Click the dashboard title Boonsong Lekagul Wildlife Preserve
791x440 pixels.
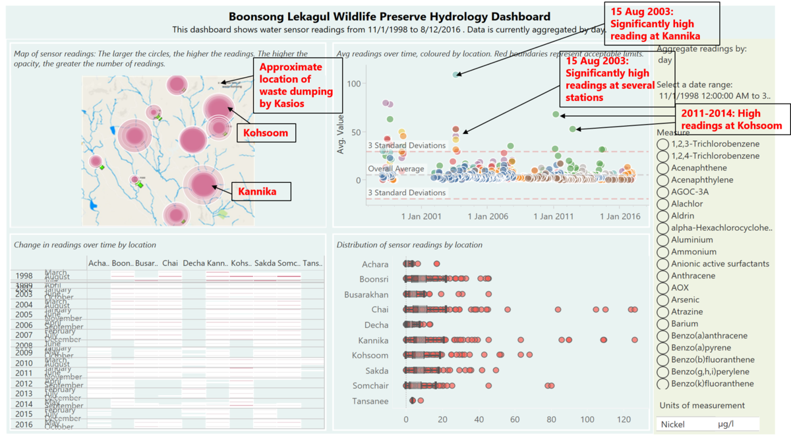[389, 16]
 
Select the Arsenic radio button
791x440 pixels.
[662, 299]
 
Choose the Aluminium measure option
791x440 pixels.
[662, 239]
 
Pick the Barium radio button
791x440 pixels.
[662, 323]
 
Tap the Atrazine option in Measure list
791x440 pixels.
[662, 311]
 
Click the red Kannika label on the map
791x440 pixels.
[253, 192]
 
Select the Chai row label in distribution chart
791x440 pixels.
[380, 309]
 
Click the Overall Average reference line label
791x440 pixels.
[395, 169]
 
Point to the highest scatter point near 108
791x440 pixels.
[456, 75]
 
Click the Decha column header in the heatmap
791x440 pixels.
[194, 263]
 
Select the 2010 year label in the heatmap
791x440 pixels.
[24, 363]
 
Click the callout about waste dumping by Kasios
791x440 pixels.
[291, 78]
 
